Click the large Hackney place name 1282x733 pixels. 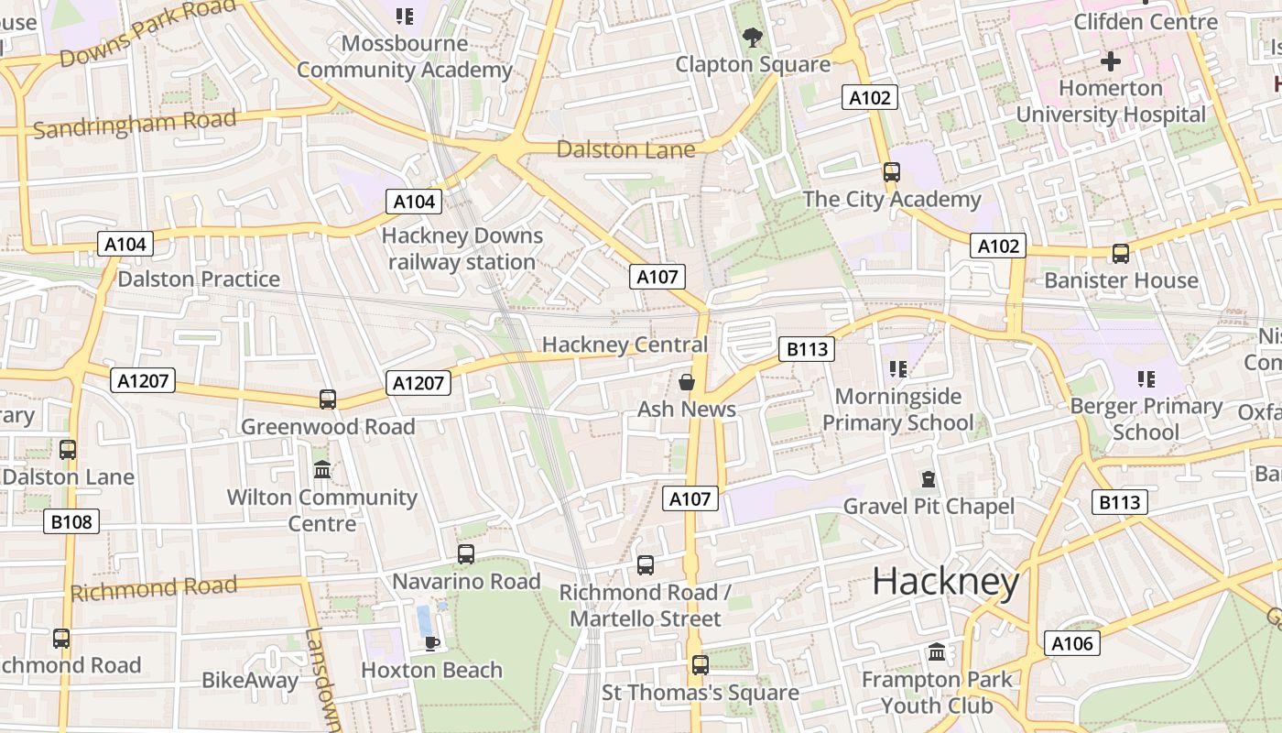tap(945, 582)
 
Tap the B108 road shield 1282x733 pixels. tap(71, 522)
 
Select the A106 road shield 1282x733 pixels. tap(1071, 643)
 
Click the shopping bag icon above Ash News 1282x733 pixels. tap(687, 382)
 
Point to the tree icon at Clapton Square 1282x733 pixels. tap(753, 38)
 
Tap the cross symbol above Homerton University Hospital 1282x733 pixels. tap(1111, 61)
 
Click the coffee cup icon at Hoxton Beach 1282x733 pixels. tap(432, 643)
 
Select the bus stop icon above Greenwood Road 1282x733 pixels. tap(328, 399)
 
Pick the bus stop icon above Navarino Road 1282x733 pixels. tap(466, 554)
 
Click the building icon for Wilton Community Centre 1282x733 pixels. tap(322, 470)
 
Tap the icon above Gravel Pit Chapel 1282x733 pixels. tap(929, 479)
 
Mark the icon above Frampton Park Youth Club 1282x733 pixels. tap(937, 652)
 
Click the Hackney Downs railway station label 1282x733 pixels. tap(462, 248)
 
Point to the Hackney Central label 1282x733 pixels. tap(625, 345)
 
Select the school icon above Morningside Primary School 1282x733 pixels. tap(898, 369)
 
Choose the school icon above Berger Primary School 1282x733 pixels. tap(1146, 378)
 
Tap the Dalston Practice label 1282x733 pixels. tap(199, 279)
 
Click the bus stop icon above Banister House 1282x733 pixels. tap(1120, 254)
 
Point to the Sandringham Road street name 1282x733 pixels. tap(135, 124)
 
